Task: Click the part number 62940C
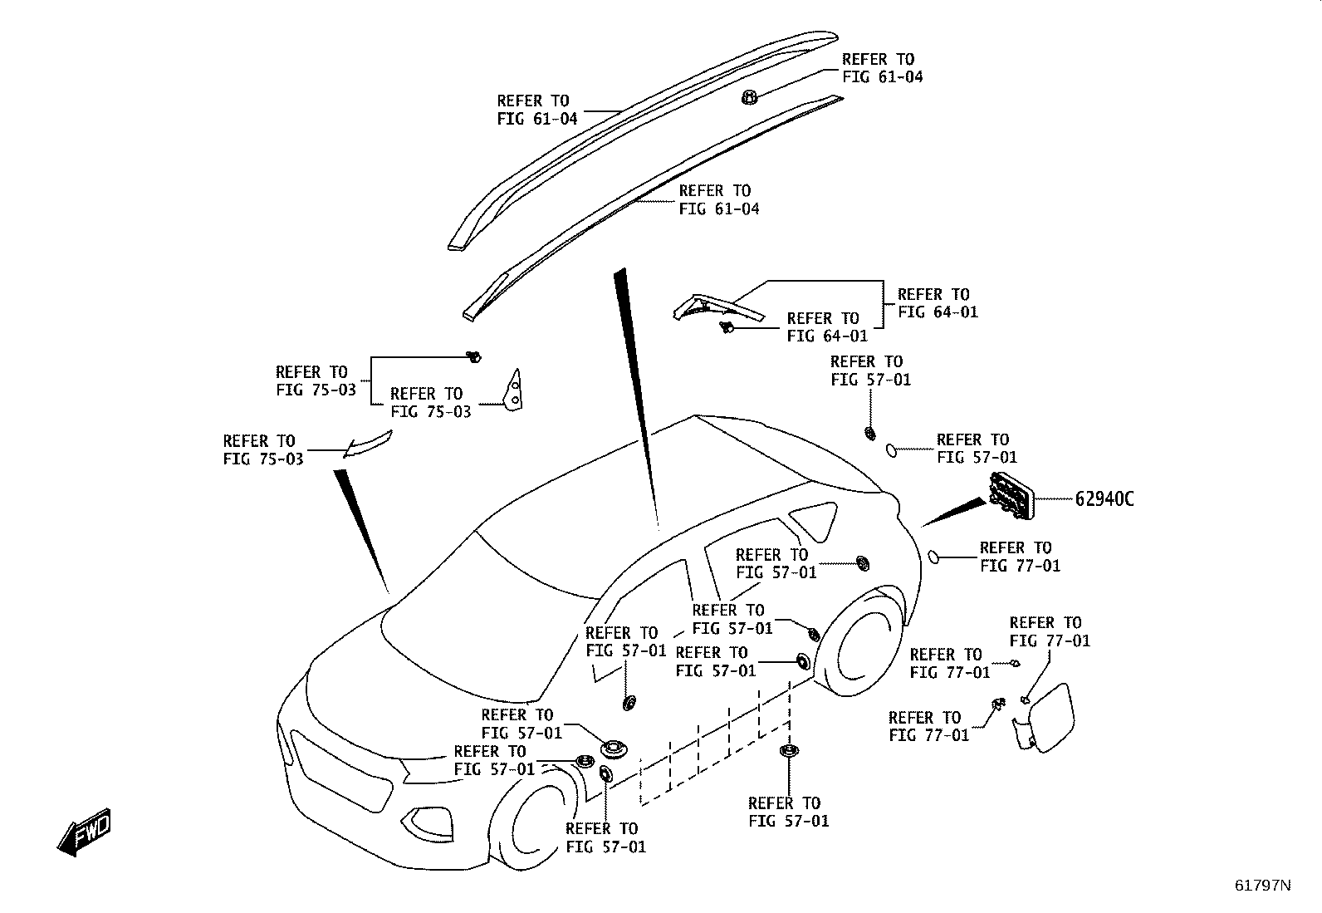(x=1104, y=499)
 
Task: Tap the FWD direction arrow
(x=84, y=832)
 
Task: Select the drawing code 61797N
(x=1262, y=886)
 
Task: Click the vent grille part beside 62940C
(x=1011, y=496)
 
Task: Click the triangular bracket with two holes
(x=514, y=390)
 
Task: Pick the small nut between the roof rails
(x=749, y=97)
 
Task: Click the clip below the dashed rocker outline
(x=789, y=751)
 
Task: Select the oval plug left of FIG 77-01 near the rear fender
(x=933, y=557)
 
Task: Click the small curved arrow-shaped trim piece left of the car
(x=367, y=444)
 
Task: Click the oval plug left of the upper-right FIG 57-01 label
(x=892, y=450)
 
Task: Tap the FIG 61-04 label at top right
(x=882, y=68)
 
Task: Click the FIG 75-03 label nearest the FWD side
(x=263, y=450)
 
